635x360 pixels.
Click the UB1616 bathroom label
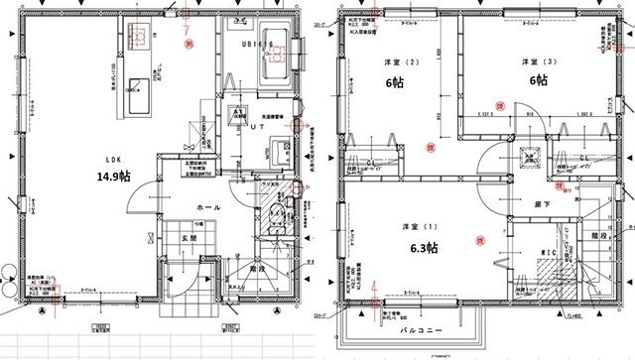255,45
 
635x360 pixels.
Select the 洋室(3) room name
535,62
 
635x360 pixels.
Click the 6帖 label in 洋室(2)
396,84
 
